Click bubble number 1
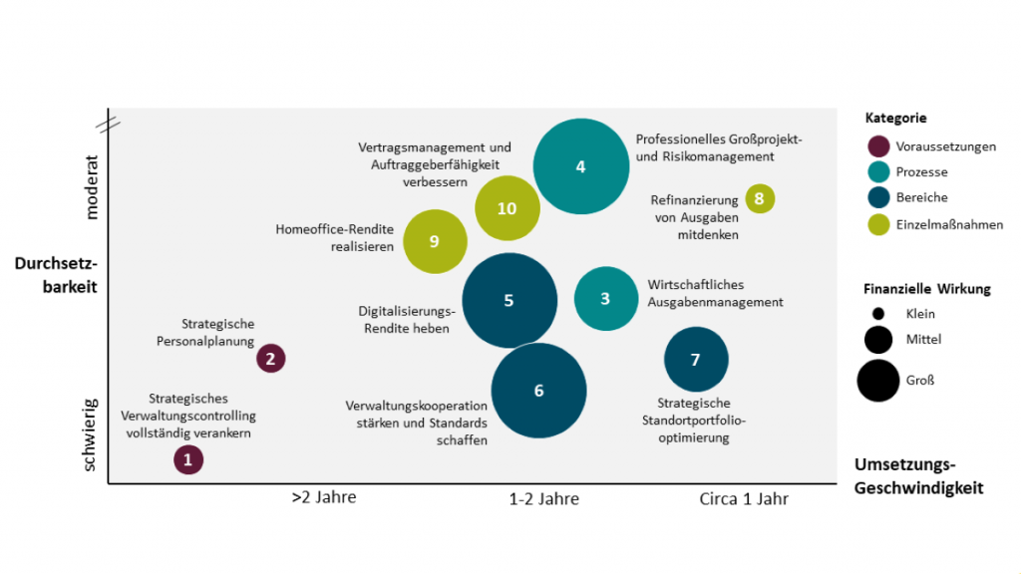[x=187, y=459]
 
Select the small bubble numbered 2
[x=271, y=358]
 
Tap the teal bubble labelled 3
[x=605, y=298]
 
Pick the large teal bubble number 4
[x=580, y=166]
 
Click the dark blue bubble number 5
[x=509, y=300]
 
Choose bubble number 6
[x=538, y=391]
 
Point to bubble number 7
[x=696, y=360]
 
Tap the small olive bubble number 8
[x=760, y=198]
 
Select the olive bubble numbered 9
[x=435, y=241]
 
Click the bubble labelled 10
[x=508, y=208]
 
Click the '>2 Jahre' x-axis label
[x=323, y=498]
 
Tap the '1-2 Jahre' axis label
[x=543, y=498]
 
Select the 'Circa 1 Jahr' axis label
[x=744, y=498]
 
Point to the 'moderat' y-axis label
[x=93, y=186]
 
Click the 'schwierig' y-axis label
[x=91, y=434]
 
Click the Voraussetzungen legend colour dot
[x=879, y=146]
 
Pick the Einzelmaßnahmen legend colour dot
[x=879, y=224]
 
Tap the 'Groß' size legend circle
[x=878, y=380]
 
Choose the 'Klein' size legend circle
[x=878, y=314]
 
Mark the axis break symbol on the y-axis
[x=109, y=124]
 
